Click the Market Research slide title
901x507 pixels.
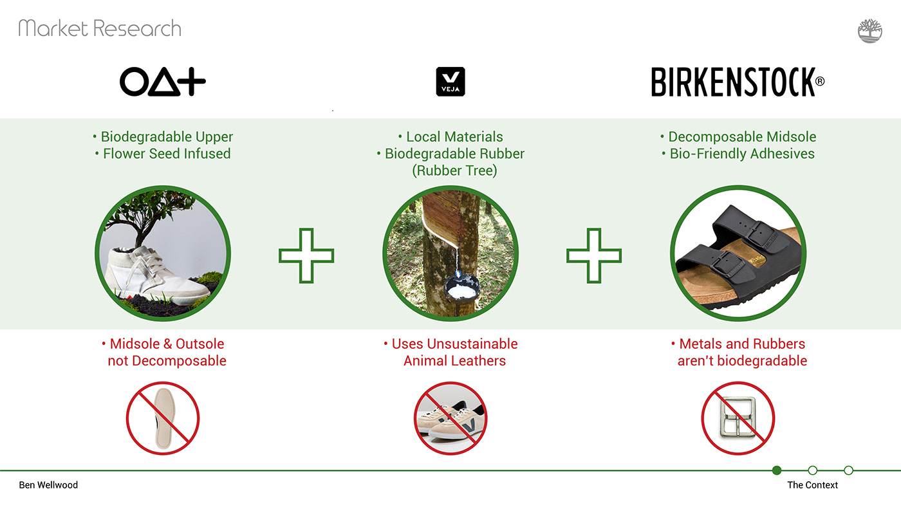click(100, 28)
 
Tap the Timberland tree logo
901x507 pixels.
click(869, 30)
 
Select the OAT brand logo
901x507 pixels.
click(162, 82)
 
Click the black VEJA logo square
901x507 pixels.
click(450, 82)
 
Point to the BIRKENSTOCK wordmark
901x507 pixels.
click(738, 82)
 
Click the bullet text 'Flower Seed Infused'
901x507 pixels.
click(167, 154)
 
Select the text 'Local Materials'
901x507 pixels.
click(454, 136)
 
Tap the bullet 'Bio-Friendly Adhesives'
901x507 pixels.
click(742, 154)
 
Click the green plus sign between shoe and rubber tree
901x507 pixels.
click(306, 255)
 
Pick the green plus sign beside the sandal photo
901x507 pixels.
click(593, 255)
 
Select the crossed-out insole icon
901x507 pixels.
click(162, 418)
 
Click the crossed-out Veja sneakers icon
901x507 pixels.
click(450, 418)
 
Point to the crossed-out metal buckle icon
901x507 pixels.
click(738, 418)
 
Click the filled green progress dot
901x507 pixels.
click(777, 470)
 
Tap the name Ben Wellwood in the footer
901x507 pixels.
click(48, 485)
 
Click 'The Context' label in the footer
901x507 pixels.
click(812, 485)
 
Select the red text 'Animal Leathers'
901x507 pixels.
click(454, 361)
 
